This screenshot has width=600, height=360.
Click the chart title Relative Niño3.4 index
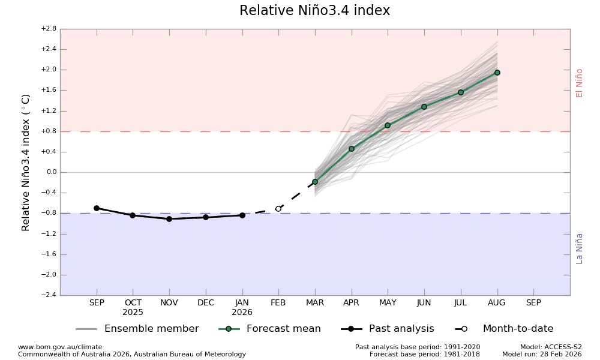pyautogui.click(x=314, y=11)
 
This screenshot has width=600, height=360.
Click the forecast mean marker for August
pyautogui.click(x=497, y=73)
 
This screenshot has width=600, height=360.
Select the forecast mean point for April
pyautogui.click(x=352, y=149)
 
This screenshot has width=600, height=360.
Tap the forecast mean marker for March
pyautogui.click(x=315, y=182)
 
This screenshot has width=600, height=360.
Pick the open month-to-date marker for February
pyautogui.click(x=278, y=209)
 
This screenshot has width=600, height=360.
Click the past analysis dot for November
pyautogui.click(x=169, y=219)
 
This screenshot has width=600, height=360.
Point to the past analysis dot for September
pyautogui.click(x=97, y=208)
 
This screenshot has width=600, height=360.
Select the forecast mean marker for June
pyautogui.click(x=424, y=107)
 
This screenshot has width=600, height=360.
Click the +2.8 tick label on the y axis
pyautogui.click(x=48, y=29)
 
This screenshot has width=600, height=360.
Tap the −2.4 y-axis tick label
pyautogui.click(x=48, y=295)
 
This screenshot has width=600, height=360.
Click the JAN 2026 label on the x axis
pyautogui.click(x=242, y=307)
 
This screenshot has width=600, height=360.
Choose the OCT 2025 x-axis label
pyautogui.click(x=133, y=307)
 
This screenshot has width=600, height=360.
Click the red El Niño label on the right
pyautogui.click(x=580, y=83)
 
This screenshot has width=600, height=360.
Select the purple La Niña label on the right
pyautogui.click(x=580, y=248)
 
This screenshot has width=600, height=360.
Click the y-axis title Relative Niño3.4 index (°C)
pyautogui.click(x=26, y=162)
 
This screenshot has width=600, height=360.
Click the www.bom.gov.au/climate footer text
pyautogui.click(x=60, y=347)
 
